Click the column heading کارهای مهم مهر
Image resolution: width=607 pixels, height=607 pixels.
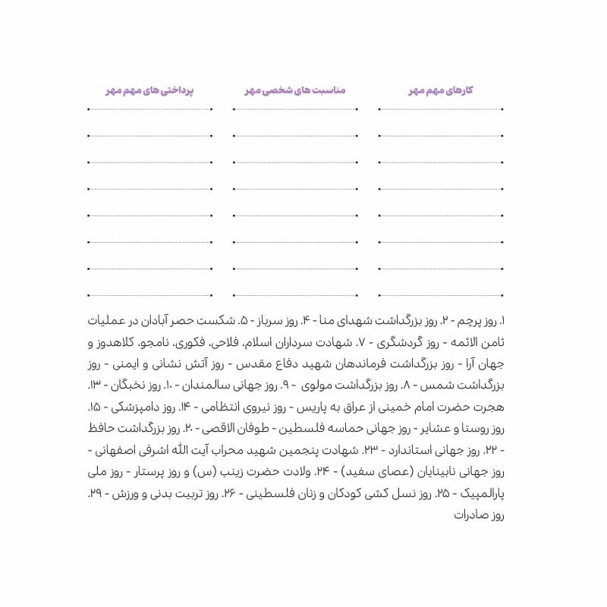click(440, 90)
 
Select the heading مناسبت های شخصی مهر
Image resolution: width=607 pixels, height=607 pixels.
click(294, 90)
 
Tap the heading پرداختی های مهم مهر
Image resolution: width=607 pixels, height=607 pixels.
click(149, 90)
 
